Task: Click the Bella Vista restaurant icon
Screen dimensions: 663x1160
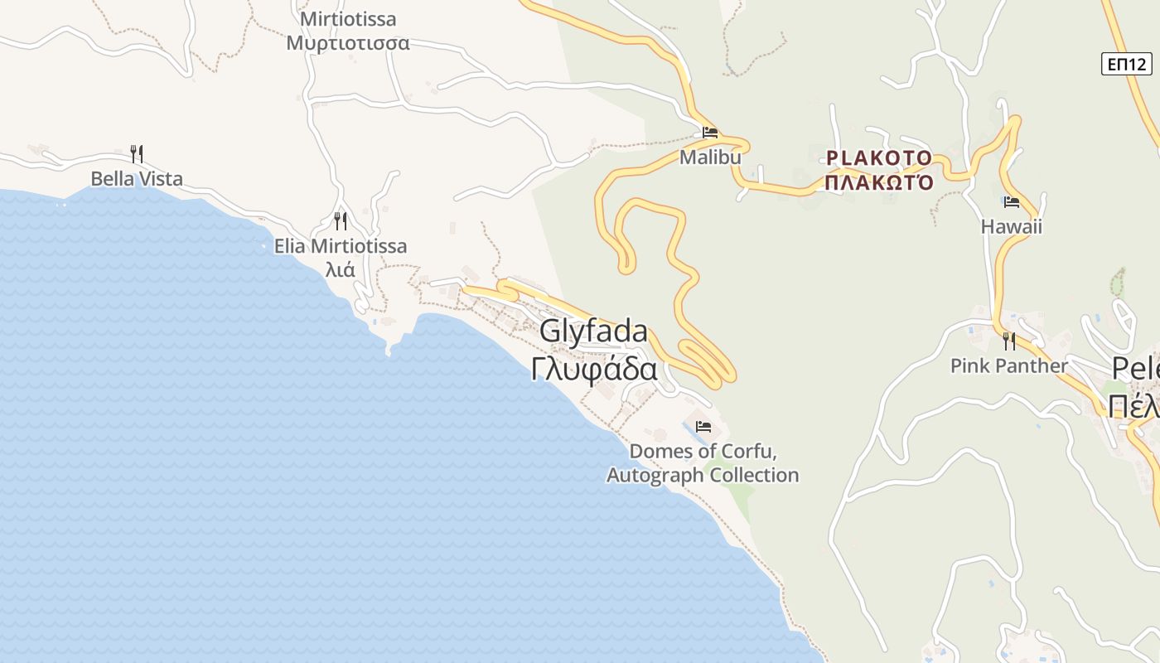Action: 137,153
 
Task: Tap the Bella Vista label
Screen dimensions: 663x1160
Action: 137,179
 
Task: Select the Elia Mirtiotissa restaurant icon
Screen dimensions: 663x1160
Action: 340,220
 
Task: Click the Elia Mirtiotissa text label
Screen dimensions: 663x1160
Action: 341,246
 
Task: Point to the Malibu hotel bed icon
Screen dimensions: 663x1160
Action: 710,132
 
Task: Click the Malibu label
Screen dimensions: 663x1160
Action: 710,157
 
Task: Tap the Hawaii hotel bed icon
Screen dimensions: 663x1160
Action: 1011,201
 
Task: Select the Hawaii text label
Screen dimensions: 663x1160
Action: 1011,226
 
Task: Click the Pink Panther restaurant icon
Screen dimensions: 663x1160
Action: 1009,341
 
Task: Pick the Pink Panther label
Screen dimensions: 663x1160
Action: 1009,365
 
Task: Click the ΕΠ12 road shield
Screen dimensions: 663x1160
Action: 1127,64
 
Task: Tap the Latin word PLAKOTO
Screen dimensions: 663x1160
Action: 879,157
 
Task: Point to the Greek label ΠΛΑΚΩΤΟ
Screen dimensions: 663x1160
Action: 879,182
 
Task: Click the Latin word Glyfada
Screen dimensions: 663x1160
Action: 593,331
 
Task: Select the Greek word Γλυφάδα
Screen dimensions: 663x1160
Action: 594,369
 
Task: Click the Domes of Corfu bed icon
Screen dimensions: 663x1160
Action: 703,427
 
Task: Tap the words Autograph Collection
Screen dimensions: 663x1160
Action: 703,475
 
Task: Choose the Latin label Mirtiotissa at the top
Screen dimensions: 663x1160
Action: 348,19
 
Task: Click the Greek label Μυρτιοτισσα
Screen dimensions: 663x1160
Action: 348,43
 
